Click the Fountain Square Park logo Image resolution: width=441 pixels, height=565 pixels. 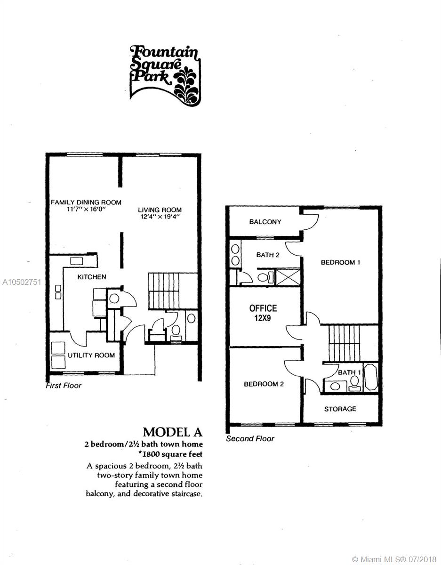pos(165,75)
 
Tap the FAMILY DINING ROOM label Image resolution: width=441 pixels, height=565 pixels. pos(86,202)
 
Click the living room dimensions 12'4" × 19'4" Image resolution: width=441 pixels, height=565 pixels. pos(160,217)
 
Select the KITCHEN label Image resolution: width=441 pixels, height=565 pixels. pos(92,277)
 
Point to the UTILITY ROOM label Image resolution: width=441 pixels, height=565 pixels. pos(91,355)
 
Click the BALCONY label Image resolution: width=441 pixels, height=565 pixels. pos(265,222)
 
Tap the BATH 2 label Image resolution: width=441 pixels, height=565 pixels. pos(268,255)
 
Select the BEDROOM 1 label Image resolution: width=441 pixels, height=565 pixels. pos(340,262)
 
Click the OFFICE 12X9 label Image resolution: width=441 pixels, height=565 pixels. pos(263,313)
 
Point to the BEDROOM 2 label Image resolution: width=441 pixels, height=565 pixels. pos(264,384)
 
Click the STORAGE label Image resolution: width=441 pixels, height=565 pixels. pos(340,409)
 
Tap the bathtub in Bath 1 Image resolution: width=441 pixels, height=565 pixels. pos(370,377)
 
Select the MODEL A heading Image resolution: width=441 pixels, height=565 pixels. pos(172,432)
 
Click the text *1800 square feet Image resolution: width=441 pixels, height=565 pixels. pos(170,454)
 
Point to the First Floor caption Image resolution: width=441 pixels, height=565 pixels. pos(64,386)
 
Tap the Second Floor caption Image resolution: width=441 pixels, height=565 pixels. pos(250,439)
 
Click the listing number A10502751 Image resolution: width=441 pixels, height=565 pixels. pos(22,282)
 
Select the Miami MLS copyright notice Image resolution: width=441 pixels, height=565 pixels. pos(394,559)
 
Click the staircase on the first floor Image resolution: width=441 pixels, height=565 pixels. pos(173,291)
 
